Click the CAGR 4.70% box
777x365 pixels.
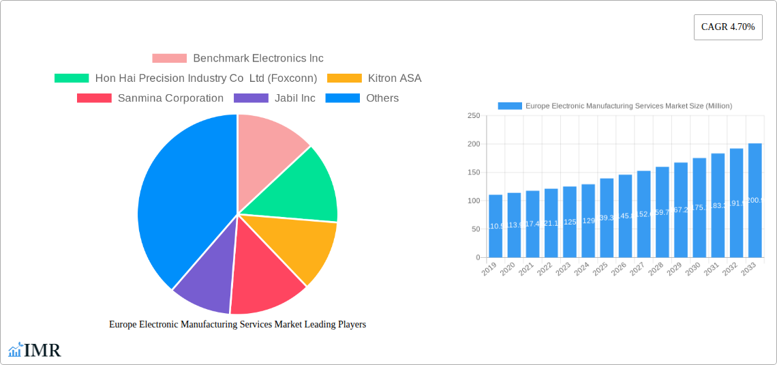point(727,27)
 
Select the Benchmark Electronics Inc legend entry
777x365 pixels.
point(237,59)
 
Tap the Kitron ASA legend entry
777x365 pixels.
point(374,78)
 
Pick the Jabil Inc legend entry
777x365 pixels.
point(275,98)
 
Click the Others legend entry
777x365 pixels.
point(362,98)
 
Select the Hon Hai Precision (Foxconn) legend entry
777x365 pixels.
point(185,78)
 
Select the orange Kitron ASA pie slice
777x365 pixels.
point(300,246)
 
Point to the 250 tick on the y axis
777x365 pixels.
point(474,116)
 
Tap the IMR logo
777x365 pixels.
point(35,351)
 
